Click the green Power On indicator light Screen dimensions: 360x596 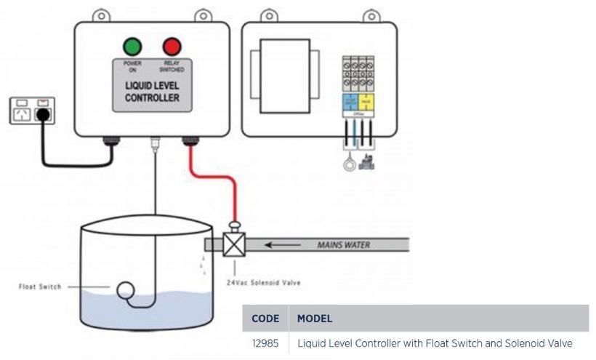tap(132, 47)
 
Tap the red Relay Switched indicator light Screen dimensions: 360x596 tap(172, 47)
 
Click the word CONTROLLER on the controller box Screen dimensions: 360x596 tap(152, 97)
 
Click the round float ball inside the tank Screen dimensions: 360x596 tap(125, 291)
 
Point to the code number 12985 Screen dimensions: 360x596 tap(265, 343)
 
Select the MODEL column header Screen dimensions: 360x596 tap(315, 319)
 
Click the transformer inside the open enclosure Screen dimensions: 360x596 tap(285, 62)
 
